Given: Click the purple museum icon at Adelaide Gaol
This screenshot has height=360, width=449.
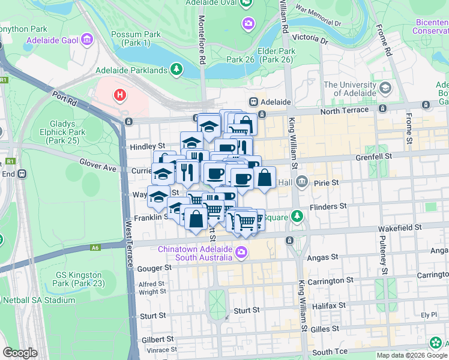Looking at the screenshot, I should point(88,40).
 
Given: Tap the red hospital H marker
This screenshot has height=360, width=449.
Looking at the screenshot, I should point(121,95).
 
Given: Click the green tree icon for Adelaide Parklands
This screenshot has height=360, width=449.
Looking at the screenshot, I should point(176,70).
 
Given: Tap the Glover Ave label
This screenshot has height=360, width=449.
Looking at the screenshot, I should point(98,165).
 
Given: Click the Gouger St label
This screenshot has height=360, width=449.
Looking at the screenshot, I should point(151,268).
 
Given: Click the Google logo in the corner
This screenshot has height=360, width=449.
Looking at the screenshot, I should point(20,353).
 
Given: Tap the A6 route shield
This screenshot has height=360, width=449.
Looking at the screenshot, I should point(95,247).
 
